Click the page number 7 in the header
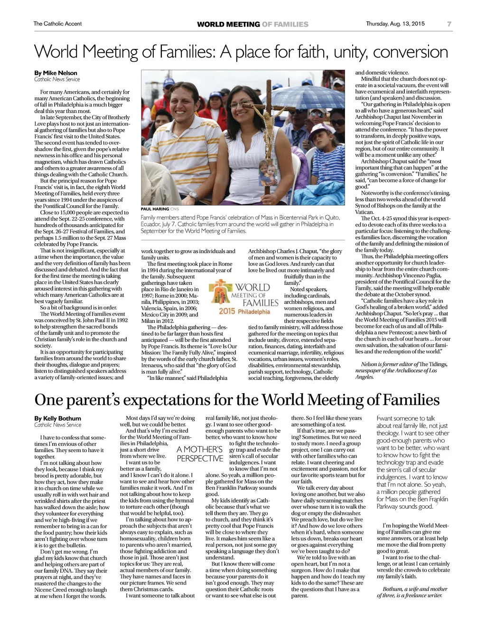point(449,24)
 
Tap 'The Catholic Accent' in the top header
point(57,24)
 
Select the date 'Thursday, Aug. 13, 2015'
point(395,24)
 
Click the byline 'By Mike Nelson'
point(56,73)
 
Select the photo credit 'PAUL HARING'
point(155,209)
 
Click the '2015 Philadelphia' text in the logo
point(244,312)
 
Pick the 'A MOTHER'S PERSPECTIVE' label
point(199,454)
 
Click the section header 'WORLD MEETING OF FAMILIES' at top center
point(252,24)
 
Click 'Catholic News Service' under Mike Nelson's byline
point(57,79)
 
